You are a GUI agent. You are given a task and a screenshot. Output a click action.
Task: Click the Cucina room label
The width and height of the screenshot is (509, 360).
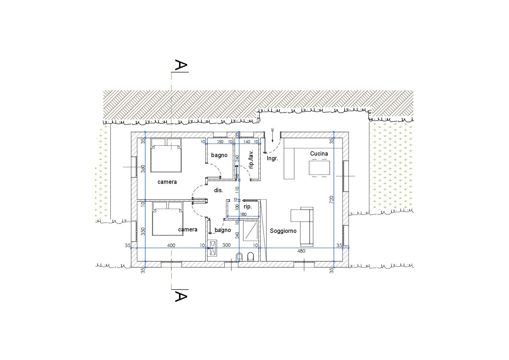pos(319,154)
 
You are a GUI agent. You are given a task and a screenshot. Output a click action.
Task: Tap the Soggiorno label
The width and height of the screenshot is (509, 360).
pos(283,231)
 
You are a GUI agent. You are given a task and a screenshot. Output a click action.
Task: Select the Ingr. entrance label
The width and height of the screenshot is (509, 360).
pos(272,159)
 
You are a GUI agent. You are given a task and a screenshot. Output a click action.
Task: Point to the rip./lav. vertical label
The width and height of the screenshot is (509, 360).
pos(251,159)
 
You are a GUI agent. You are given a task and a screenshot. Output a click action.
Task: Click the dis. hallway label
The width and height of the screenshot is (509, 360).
pos(219,190)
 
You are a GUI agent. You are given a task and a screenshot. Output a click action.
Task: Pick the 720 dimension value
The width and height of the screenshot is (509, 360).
pos(332,199)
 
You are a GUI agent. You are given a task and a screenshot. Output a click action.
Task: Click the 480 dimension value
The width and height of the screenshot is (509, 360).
pos(301,251)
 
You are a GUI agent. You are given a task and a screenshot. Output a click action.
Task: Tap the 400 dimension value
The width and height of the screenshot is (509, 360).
pos(171,245)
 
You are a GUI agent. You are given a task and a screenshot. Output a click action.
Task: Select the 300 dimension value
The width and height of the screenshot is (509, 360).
pos(226,245)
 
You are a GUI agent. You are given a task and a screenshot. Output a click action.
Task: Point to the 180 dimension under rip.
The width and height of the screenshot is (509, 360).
pos(243,214)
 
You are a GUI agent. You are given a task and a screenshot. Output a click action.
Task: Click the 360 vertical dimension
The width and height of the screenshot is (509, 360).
pos(143,169)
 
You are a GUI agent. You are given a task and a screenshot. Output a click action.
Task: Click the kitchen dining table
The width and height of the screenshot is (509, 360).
pos(319,168)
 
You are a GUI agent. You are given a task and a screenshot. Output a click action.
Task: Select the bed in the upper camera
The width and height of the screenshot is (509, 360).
pos(166,155)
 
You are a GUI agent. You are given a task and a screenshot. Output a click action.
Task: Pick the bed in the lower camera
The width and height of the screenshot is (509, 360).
pos(168,219)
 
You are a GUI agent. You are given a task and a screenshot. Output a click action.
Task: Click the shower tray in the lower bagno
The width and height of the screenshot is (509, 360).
pos(251,231)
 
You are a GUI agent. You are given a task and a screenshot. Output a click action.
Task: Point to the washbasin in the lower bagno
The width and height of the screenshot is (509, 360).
pos(213,248)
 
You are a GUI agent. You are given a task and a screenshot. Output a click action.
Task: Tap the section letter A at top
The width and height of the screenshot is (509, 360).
pos(181,66)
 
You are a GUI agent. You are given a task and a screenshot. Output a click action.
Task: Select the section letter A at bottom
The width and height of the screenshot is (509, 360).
pos(181,296)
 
